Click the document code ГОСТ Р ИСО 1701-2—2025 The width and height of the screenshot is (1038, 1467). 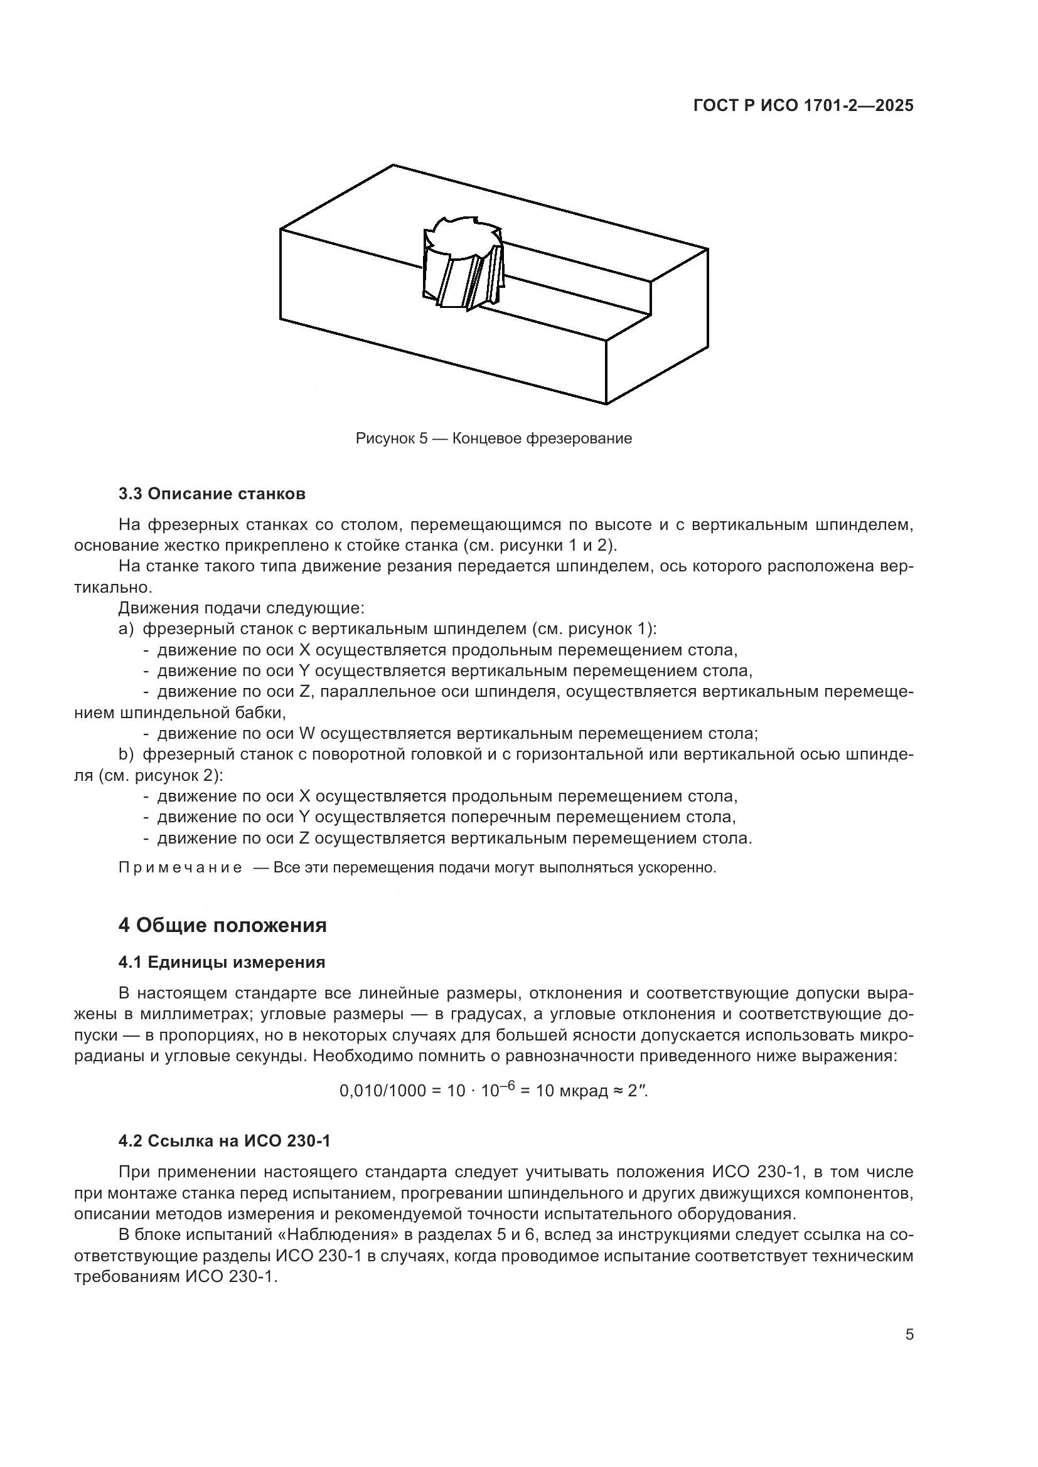[x=803, y=106]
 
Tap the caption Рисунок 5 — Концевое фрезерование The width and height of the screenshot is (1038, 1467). [x=493, y=438]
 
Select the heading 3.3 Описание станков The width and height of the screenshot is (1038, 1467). [x=211, y=493]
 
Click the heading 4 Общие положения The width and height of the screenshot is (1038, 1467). [x=222, y=924]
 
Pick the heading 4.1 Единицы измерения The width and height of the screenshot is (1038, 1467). [x=222, y=962]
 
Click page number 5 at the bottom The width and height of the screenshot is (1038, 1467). [x=909, y=1334]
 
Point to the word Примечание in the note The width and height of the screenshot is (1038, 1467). [x=180, y=867]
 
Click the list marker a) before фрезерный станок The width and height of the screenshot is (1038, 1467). [x=126, y=628]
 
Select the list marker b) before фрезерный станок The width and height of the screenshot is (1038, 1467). [x=126, y=755]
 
